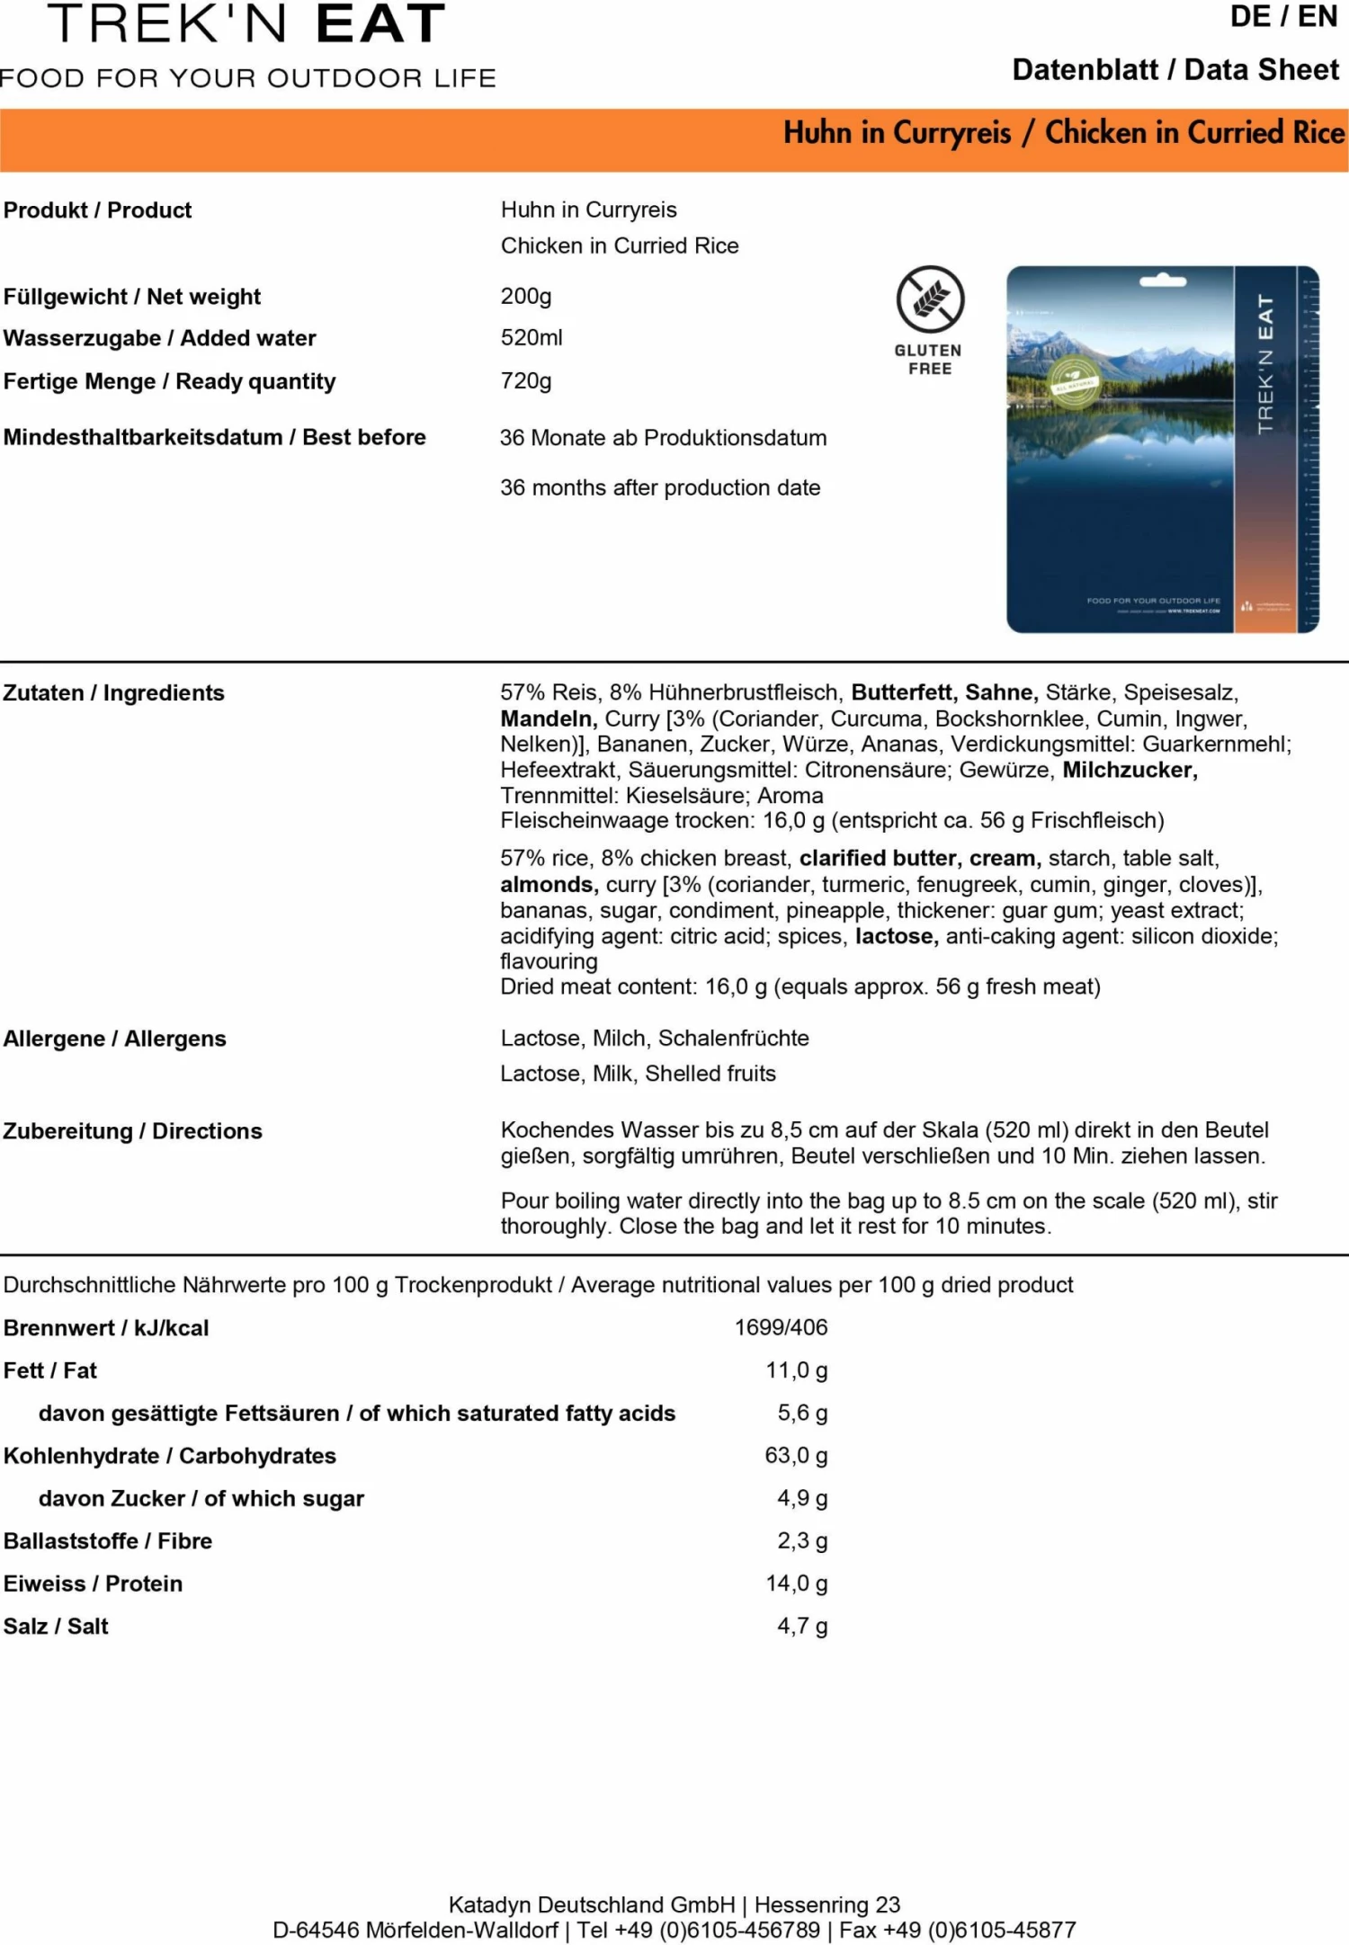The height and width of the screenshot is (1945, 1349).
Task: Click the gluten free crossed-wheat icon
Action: pos(930,299)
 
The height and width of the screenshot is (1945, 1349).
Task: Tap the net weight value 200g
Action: pos(526,296)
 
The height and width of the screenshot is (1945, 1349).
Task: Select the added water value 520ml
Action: pos(532,338)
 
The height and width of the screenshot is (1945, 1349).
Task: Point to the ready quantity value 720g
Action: pos(526,381)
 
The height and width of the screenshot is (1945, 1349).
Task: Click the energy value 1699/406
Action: pos(781,1327)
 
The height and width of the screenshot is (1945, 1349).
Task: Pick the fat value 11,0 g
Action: pos(796,1370)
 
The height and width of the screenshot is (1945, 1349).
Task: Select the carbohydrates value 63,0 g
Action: pos(796,1456)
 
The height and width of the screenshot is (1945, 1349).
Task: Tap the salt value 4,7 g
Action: pos(802,1627)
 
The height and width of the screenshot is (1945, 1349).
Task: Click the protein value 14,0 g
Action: pos(796,1584)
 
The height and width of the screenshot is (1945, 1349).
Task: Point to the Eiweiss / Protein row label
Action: pos(94,1584)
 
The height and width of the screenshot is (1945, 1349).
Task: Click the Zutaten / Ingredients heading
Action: pos(114,693)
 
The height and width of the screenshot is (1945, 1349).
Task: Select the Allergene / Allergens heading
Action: pos(115,1039)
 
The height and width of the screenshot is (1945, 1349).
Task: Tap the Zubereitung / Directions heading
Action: pos(133,1131)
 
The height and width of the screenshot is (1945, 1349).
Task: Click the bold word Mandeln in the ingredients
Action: pos(549,719)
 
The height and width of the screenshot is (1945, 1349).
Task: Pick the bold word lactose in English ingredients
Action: pos(897,937)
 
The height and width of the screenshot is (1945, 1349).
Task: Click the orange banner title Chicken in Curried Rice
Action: pos(1194,133)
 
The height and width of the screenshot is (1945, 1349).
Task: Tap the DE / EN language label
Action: pos(1283,17)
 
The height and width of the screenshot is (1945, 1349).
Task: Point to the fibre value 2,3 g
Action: pos(802,1541)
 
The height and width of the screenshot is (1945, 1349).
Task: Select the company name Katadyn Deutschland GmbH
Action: pos(592,1905)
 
